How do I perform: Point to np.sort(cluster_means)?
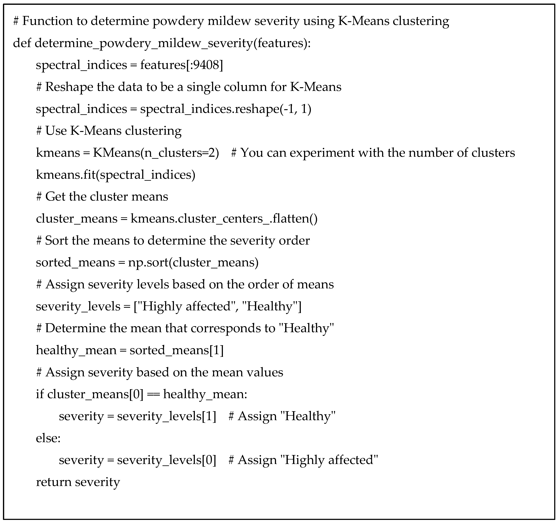[x=193, y=262]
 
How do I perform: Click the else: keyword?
[x=48, y=438]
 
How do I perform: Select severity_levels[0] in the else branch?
[x=167, y=460]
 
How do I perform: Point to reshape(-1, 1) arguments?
[x=295, y=109]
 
